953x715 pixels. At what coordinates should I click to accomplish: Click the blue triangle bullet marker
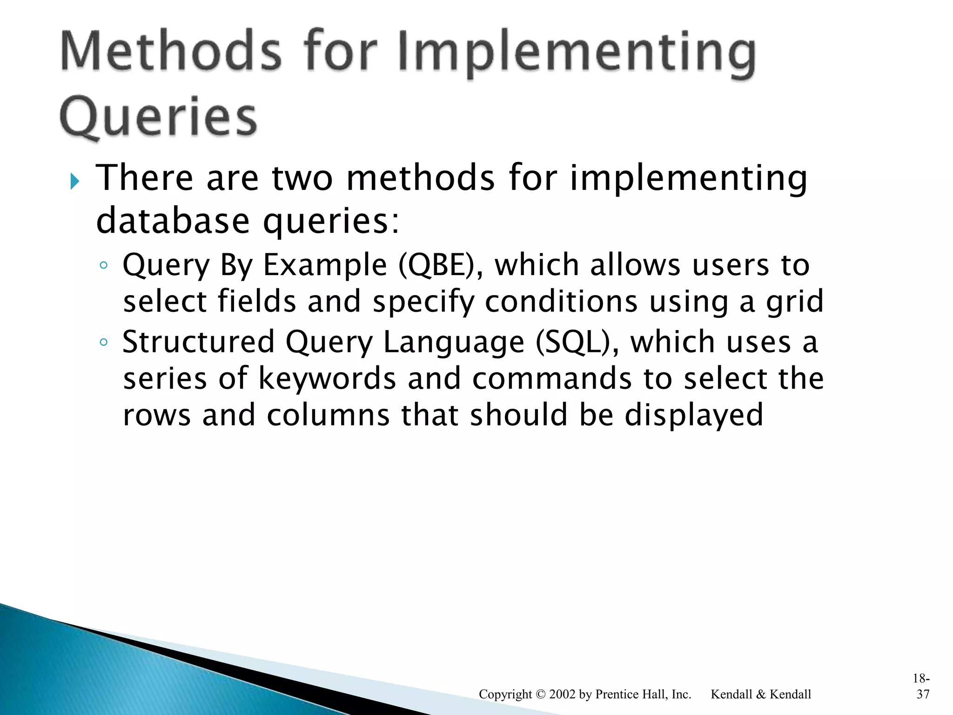click(x=74, y=181)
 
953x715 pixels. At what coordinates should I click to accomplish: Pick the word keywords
click(x=327, y=378)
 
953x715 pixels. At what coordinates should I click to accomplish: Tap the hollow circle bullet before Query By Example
click(x=104, y=265)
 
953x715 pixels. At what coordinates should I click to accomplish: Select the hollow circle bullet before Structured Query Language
click(x=104, y=343)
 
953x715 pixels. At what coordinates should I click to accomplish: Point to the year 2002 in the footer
click(x=562, y=694)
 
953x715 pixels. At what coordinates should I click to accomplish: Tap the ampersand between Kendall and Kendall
click(x=761, y=694)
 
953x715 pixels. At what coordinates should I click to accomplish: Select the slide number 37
click(x=923, y=694)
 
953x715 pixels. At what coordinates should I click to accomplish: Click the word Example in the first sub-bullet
click(x=325, y=265)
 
